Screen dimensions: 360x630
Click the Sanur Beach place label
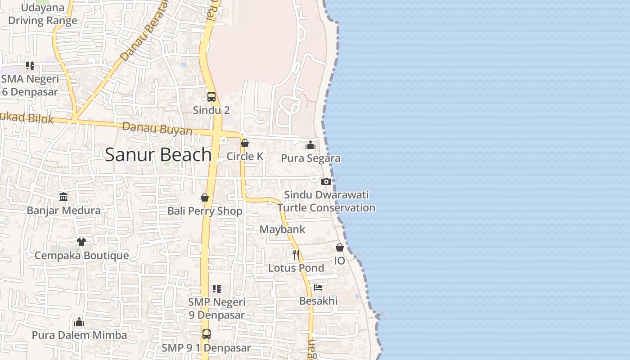click(x=158, y=155)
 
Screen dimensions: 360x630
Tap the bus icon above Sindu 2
click(x=211, y=96)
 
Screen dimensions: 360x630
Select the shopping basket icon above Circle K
click(x=245, y=144)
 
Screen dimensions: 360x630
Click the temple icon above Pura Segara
click(x=310, y=145)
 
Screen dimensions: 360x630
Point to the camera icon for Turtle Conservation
click(x=326, y=181)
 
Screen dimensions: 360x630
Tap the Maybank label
click(x=282, y=229)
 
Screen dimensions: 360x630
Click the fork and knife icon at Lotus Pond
click(x=296, y=255)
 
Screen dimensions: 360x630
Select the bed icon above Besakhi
click(x=318, y=288)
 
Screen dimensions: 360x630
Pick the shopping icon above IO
click(x=340, y=248)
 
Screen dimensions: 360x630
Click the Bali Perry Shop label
click(x=205, y=211)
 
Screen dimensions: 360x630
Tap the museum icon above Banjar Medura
click(x=63, y=197)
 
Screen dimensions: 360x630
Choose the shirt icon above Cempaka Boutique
click(x=81, y=242)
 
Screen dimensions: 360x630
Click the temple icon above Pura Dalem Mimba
click(x=79, y=322)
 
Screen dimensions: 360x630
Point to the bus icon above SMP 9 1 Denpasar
click(x=206, y=334)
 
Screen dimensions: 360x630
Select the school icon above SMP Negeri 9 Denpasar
click(x=217, y=288)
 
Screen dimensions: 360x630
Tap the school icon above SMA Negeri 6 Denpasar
click(x=30, y=66)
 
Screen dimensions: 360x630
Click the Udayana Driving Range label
click(x=43, y=14)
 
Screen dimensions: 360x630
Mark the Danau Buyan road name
click(x=157, y=129)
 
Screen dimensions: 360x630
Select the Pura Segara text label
click(x=310, y=158)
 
